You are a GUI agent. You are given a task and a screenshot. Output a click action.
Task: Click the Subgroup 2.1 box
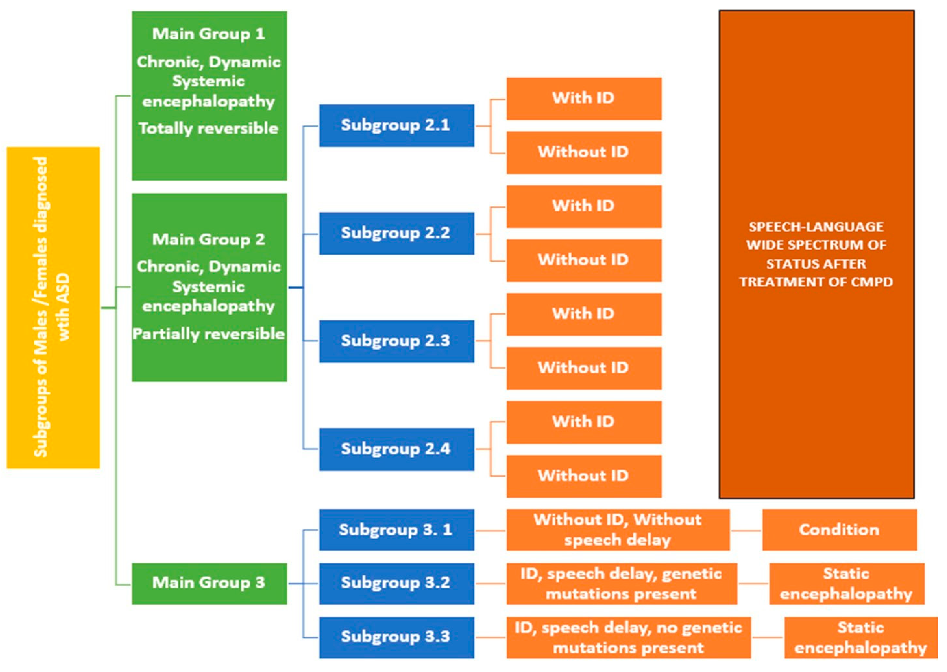[x=396, y=125]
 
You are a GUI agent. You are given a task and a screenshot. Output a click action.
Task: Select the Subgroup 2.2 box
[x=396, y=233]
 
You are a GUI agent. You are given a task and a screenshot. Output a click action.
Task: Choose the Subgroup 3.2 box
[x=396, y=584]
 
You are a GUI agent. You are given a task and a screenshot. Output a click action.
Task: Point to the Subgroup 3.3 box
[x=396, y=637]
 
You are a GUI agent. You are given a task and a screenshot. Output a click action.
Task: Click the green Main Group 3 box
[x=209, y=584]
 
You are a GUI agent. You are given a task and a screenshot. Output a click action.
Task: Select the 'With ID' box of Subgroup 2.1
[x=583, y=99]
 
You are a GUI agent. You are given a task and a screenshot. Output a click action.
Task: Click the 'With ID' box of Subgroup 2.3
[x=583, y=314]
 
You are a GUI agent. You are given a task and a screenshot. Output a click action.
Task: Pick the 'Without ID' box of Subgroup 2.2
[x=583, y=260]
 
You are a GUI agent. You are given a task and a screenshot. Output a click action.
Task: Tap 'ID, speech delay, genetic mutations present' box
[x=621, y=584]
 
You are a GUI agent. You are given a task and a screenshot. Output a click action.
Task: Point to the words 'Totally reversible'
[x=208, y=128]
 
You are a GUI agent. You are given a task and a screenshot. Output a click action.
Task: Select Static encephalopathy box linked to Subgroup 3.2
[x=846, y=584]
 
